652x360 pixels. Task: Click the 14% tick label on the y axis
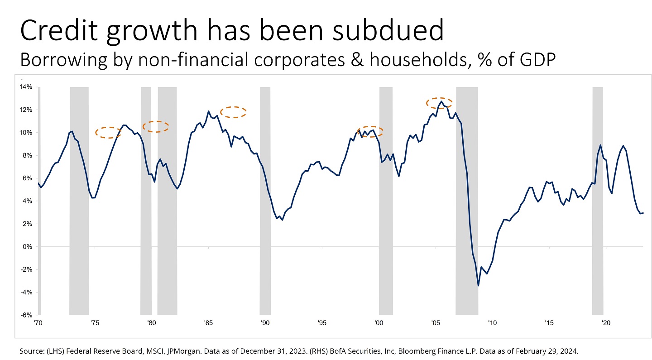pyautogui.click(x=26, y=87)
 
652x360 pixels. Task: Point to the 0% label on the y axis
pyautogui.click(x=27, y=247)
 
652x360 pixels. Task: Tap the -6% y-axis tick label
pyautogui.click(x=26, y=315)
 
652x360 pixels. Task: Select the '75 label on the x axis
pyautogui.click(x=94, y=323)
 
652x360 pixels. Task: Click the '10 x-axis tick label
pyautogui.click(x=492, y=323)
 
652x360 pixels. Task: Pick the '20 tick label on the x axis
pyautogui.click(x=605, y=323)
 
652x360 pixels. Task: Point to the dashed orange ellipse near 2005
pyautogui.click(x=439, y=103)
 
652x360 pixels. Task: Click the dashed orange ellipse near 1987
pyautogui.click(x=233, y=112)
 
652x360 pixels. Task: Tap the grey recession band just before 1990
pyautogui.click(x=265, y=199)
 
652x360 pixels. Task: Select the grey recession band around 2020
pyautogui.click(x=598, y=199)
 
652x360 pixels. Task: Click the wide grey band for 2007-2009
pyautogui.click(x=467, y=199)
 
